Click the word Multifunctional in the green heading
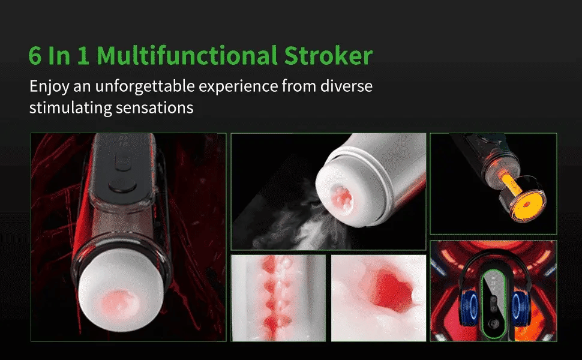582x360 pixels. [187, 56]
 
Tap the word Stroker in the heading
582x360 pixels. [328, 56]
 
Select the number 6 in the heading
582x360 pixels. [35, 56]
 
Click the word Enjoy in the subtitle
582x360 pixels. [49, 87]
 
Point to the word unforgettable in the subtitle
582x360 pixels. [145, 86]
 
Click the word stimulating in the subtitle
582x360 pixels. [71, 109]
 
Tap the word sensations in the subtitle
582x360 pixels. [154, 108]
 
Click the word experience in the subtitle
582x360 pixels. [238, 87]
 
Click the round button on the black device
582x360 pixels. [122, 185]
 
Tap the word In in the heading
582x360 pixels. [59, 56]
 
